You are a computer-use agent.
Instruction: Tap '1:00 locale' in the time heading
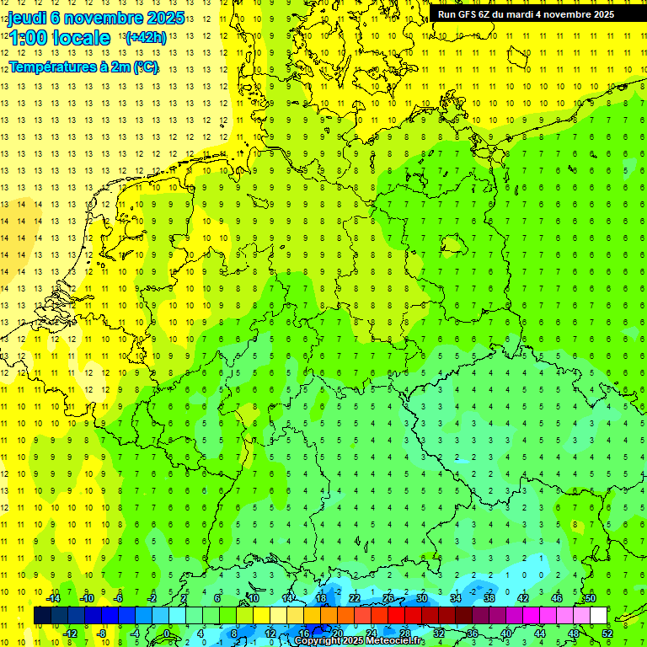coord(59,38)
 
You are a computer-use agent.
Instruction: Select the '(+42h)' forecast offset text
coord(145,37)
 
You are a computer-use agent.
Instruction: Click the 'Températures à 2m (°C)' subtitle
coord(83,67)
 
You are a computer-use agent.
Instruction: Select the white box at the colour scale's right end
coord(598,616)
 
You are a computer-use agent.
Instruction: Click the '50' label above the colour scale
coord(590,598)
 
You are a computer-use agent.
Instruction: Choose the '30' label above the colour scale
coord(422,598)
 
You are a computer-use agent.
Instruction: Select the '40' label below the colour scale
coord(505,634)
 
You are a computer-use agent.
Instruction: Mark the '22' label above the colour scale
coord(355,598)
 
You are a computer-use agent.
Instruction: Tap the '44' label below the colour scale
coord(539,634)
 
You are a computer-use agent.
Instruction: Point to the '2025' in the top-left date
coord(163,18)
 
